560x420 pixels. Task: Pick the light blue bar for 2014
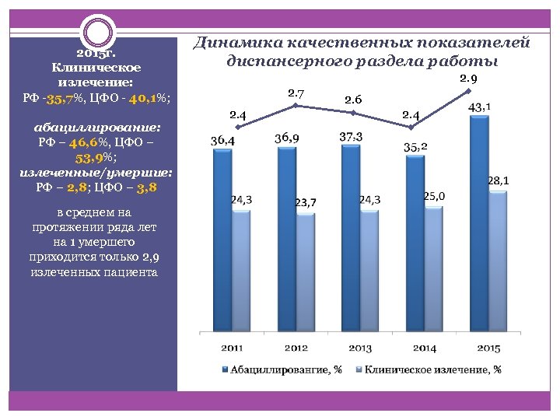click(433, 268)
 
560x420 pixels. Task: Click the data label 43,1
click(478, 106)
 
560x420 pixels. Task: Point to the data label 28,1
click(498, 180)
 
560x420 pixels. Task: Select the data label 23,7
click(305, 203)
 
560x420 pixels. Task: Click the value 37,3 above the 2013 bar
click(351, 136)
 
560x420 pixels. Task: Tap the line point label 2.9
click(468, 79)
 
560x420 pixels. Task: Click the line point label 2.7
click(296, 94)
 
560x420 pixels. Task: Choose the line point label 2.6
click(352, 99)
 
